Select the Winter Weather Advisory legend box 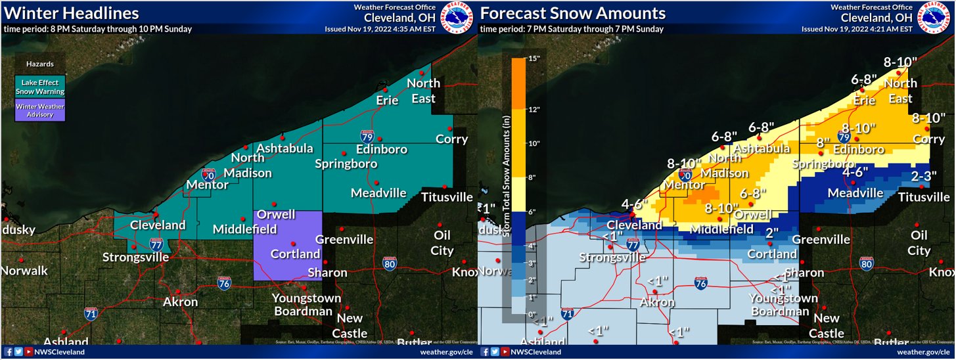coord(40,110)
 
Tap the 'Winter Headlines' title coord(71,13)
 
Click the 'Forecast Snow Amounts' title coord(573,13)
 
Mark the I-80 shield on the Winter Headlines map coord(389,263)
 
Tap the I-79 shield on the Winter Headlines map coord(367,137)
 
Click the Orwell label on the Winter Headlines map coord(275,215)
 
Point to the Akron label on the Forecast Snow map coord(658,302)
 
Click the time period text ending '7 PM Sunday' coord(572,29)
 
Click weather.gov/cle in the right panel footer coord(924,352)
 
